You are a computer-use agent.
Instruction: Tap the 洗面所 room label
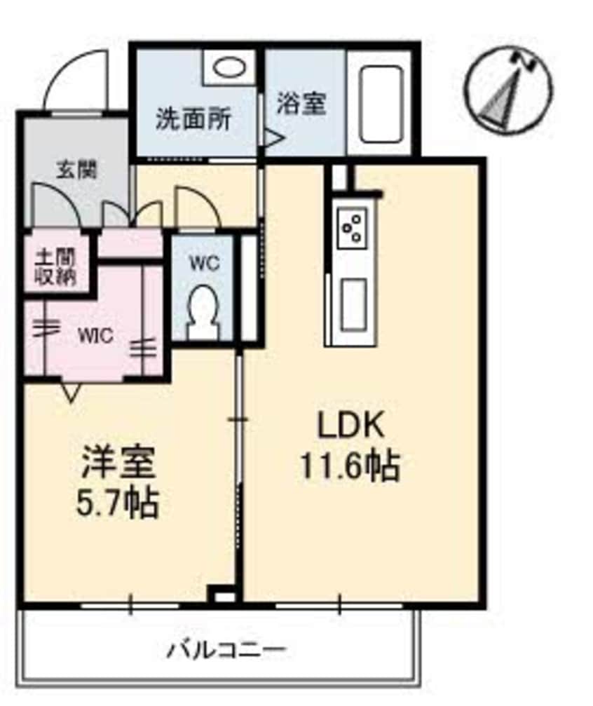[x=192, y=119]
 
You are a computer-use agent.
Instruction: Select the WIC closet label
[x=96, y=335]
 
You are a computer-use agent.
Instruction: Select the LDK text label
[x=350, y=427]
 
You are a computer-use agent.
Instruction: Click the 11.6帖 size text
[x=350, y=466]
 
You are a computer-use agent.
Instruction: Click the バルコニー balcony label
[x=226, y=650]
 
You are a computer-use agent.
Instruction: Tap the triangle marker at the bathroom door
[x=270, y=135]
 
